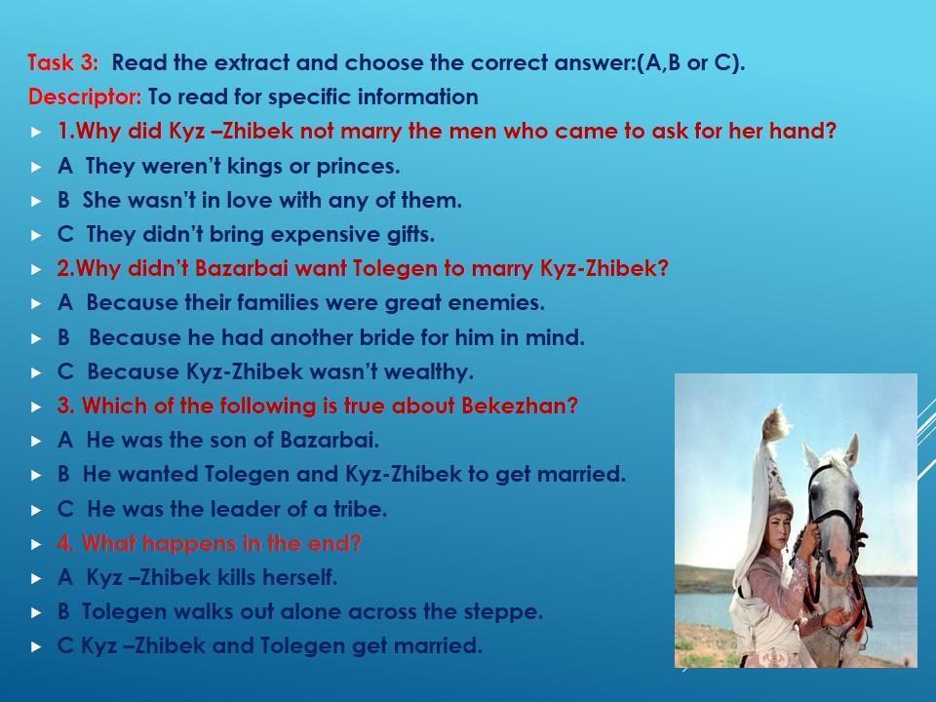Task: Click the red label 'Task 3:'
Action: [x=62, y=62]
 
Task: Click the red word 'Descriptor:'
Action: [x=85, y=97]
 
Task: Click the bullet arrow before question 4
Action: [x=36, y=544]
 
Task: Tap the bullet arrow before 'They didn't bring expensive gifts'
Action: [x=36, y=235]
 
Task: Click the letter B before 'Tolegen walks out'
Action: [x=63, y=612]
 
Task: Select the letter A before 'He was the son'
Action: [x=65, y=440]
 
